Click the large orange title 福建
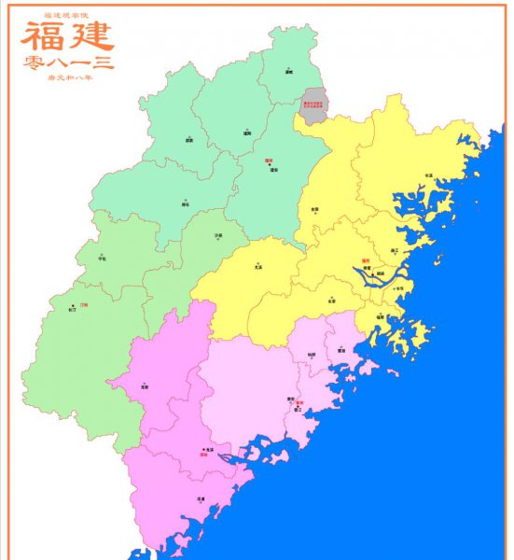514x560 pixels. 67,37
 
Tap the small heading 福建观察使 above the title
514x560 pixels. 65,17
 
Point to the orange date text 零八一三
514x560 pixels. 67,63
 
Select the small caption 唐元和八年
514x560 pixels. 68,77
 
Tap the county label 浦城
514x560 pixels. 289,71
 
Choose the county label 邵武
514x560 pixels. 189,141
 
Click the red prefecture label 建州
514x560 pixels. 269,160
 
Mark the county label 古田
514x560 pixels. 314,209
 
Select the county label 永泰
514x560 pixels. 331,301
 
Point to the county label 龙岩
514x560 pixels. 145,385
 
